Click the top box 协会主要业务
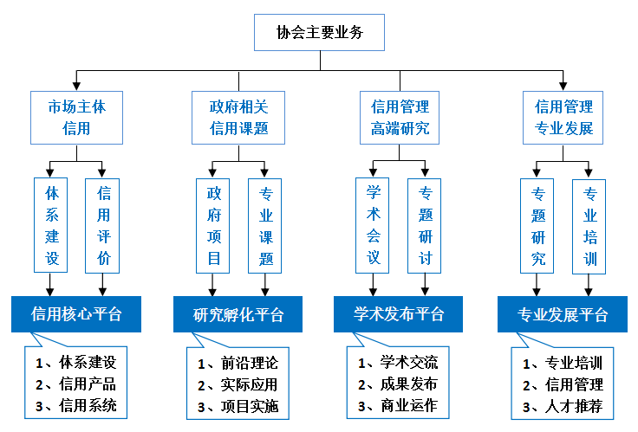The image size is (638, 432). tap(320, 34)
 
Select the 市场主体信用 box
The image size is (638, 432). tap(76, 118)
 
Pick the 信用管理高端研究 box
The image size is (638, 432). tap(400, 118)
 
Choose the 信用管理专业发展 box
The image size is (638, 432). tap(563, 118)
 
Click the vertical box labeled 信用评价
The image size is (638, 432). tap(103, 225)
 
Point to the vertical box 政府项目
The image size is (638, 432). tap(213, 225)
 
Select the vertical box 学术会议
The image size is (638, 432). tap(374, 225)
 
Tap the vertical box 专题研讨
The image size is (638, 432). tap(426, 225)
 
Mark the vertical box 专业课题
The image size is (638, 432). tap(265, 225)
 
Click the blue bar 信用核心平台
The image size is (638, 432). tap(76, 313)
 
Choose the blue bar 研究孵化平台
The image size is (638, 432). tap(238, 314)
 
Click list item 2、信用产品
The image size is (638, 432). tap(76, 384)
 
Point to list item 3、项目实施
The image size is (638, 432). tap(238, 406)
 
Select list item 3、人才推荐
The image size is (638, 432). tap(563, 406)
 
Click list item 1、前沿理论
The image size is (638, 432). tap(238, 362)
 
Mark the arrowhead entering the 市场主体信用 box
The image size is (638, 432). tap(76, 86)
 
